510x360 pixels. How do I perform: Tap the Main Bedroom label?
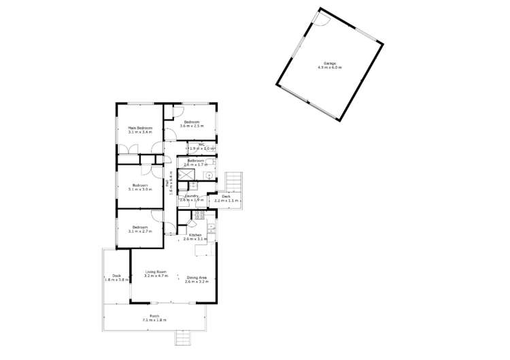140,128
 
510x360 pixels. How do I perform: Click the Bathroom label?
197,161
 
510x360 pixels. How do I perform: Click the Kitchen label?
195,235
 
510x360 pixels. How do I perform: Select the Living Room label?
156,272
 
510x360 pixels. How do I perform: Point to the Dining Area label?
196,277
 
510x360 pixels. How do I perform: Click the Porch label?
154,316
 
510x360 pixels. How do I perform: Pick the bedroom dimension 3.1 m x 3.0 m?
140,189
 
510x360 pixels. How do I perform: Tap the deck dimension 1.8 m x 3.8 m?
117,280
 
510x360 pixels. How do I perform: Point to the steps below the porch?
184,338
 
